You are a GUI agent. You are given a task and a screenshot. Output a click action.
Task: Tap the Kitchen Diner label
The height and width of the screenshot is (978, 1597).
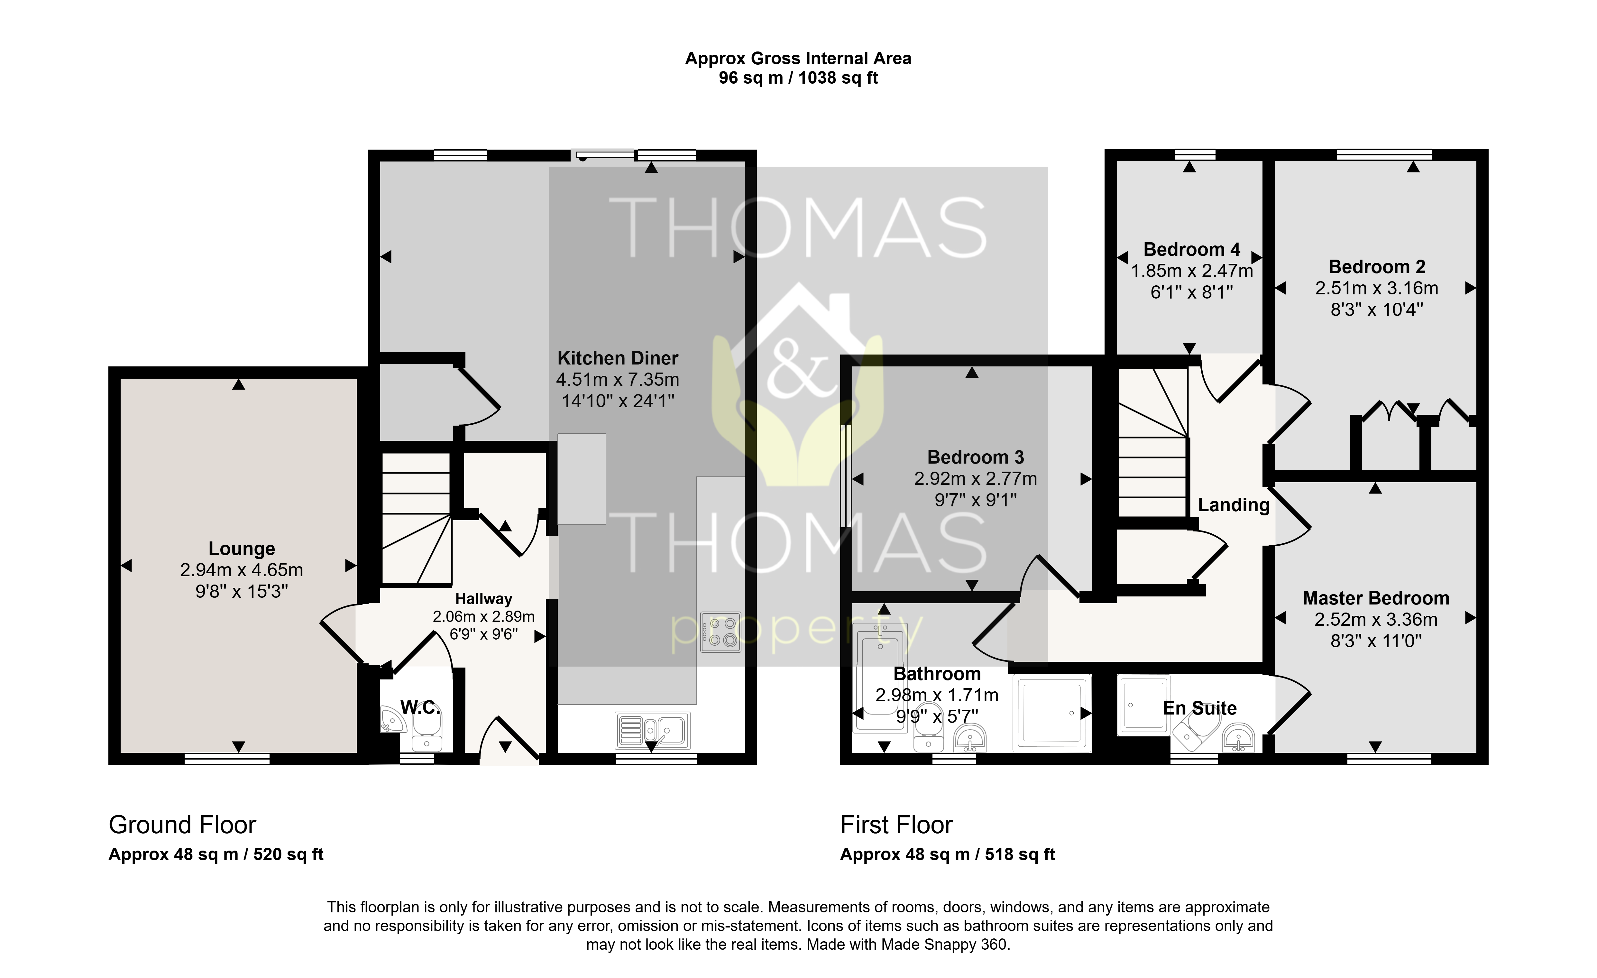(618, 358)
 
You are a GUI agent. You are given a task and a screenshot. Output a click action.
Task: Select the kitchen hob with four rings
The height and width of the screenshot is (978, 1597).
(721, 632)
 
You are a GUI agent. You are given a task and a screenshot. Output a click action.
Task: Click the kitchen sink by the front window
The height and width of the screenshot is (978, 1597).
(653, 730)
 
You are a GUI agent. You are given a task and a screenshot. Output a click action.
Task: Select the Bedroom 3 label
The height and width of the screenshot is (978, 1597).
(976, 457)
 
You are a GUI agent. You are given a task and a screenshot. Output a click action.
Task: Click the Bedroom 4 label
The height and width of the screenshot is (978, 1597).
(1192, 250)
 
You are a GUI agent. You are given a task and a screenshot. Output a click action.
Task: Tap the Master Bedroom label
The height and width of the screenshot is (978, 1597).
(1376, 598)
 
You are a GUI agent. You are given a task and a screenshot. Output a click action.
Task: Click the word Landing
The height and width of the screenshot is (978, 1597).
(1234, 505)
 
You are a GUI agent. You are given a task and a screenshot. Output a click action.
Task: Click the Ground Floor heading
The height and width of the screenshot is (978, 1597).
(182, 825)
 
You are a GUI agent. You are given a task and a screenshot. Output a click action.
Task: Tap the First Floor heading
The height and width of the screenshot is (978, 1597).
(896, 825)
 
